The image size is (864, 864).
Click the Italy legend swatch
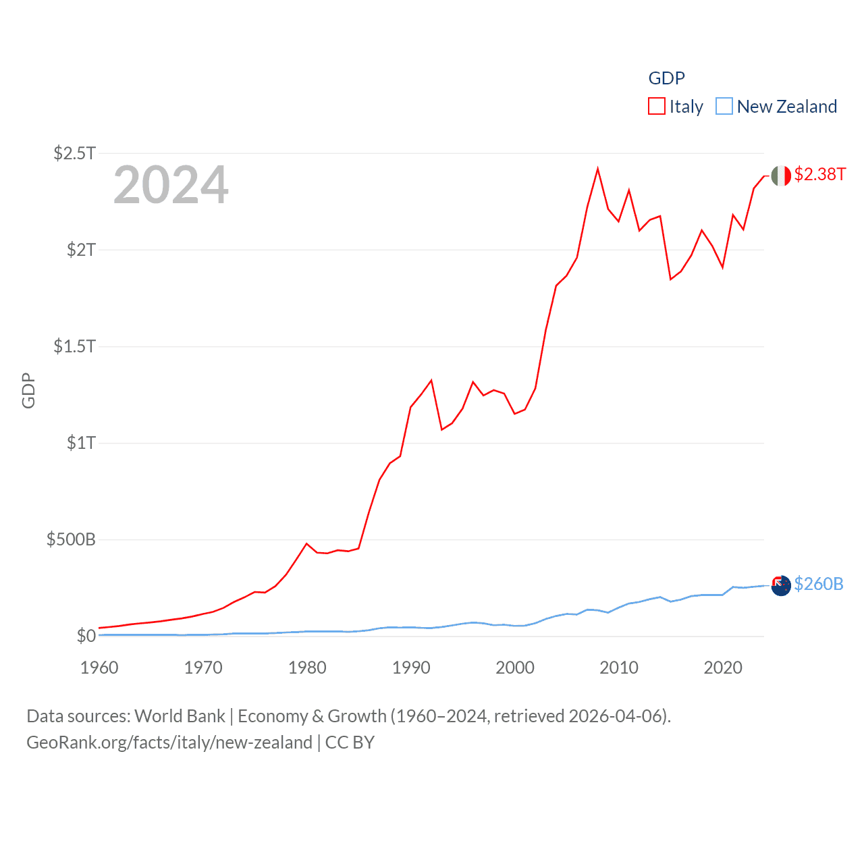coord(656,107)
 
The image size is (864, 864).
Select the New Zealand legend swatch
coord(724,107)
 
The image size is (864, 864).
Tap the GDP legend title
coord(666,78)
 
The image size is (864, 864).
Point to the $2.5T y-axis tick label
coord(74,153)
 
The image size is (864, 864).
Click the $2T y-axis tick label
coord(81,250)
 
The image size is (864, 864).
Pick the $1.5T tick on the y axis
coord(74,346)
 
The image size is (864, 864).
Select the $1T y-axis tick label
coord(81,443)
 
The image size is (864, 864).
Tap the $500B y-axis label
coord(71,539)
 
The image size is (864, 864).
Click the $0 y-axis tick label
coord(86,636)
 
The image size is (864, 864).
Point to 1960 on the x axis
coord(99,668)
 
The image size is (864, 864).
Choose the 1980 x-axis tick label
coord(307,668)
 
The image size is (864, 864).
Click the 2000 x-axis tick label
coord(515,668)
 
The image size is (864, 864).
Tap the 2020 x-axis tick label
coord(723,668)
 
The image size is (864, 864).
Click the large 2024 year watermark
coord(171,185)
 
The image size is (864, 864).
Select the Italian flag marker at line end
coord(781,176)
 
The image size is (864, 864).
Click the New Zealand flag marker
coord(781,585)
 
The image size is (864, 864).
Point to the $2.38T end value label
coord(819,174)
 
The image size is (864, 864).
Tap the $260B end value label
coord(818,584)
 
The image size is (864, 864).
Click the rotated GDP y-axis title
coord(28,390)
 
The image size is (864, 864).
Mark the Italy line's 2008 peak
coord(598,169)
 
